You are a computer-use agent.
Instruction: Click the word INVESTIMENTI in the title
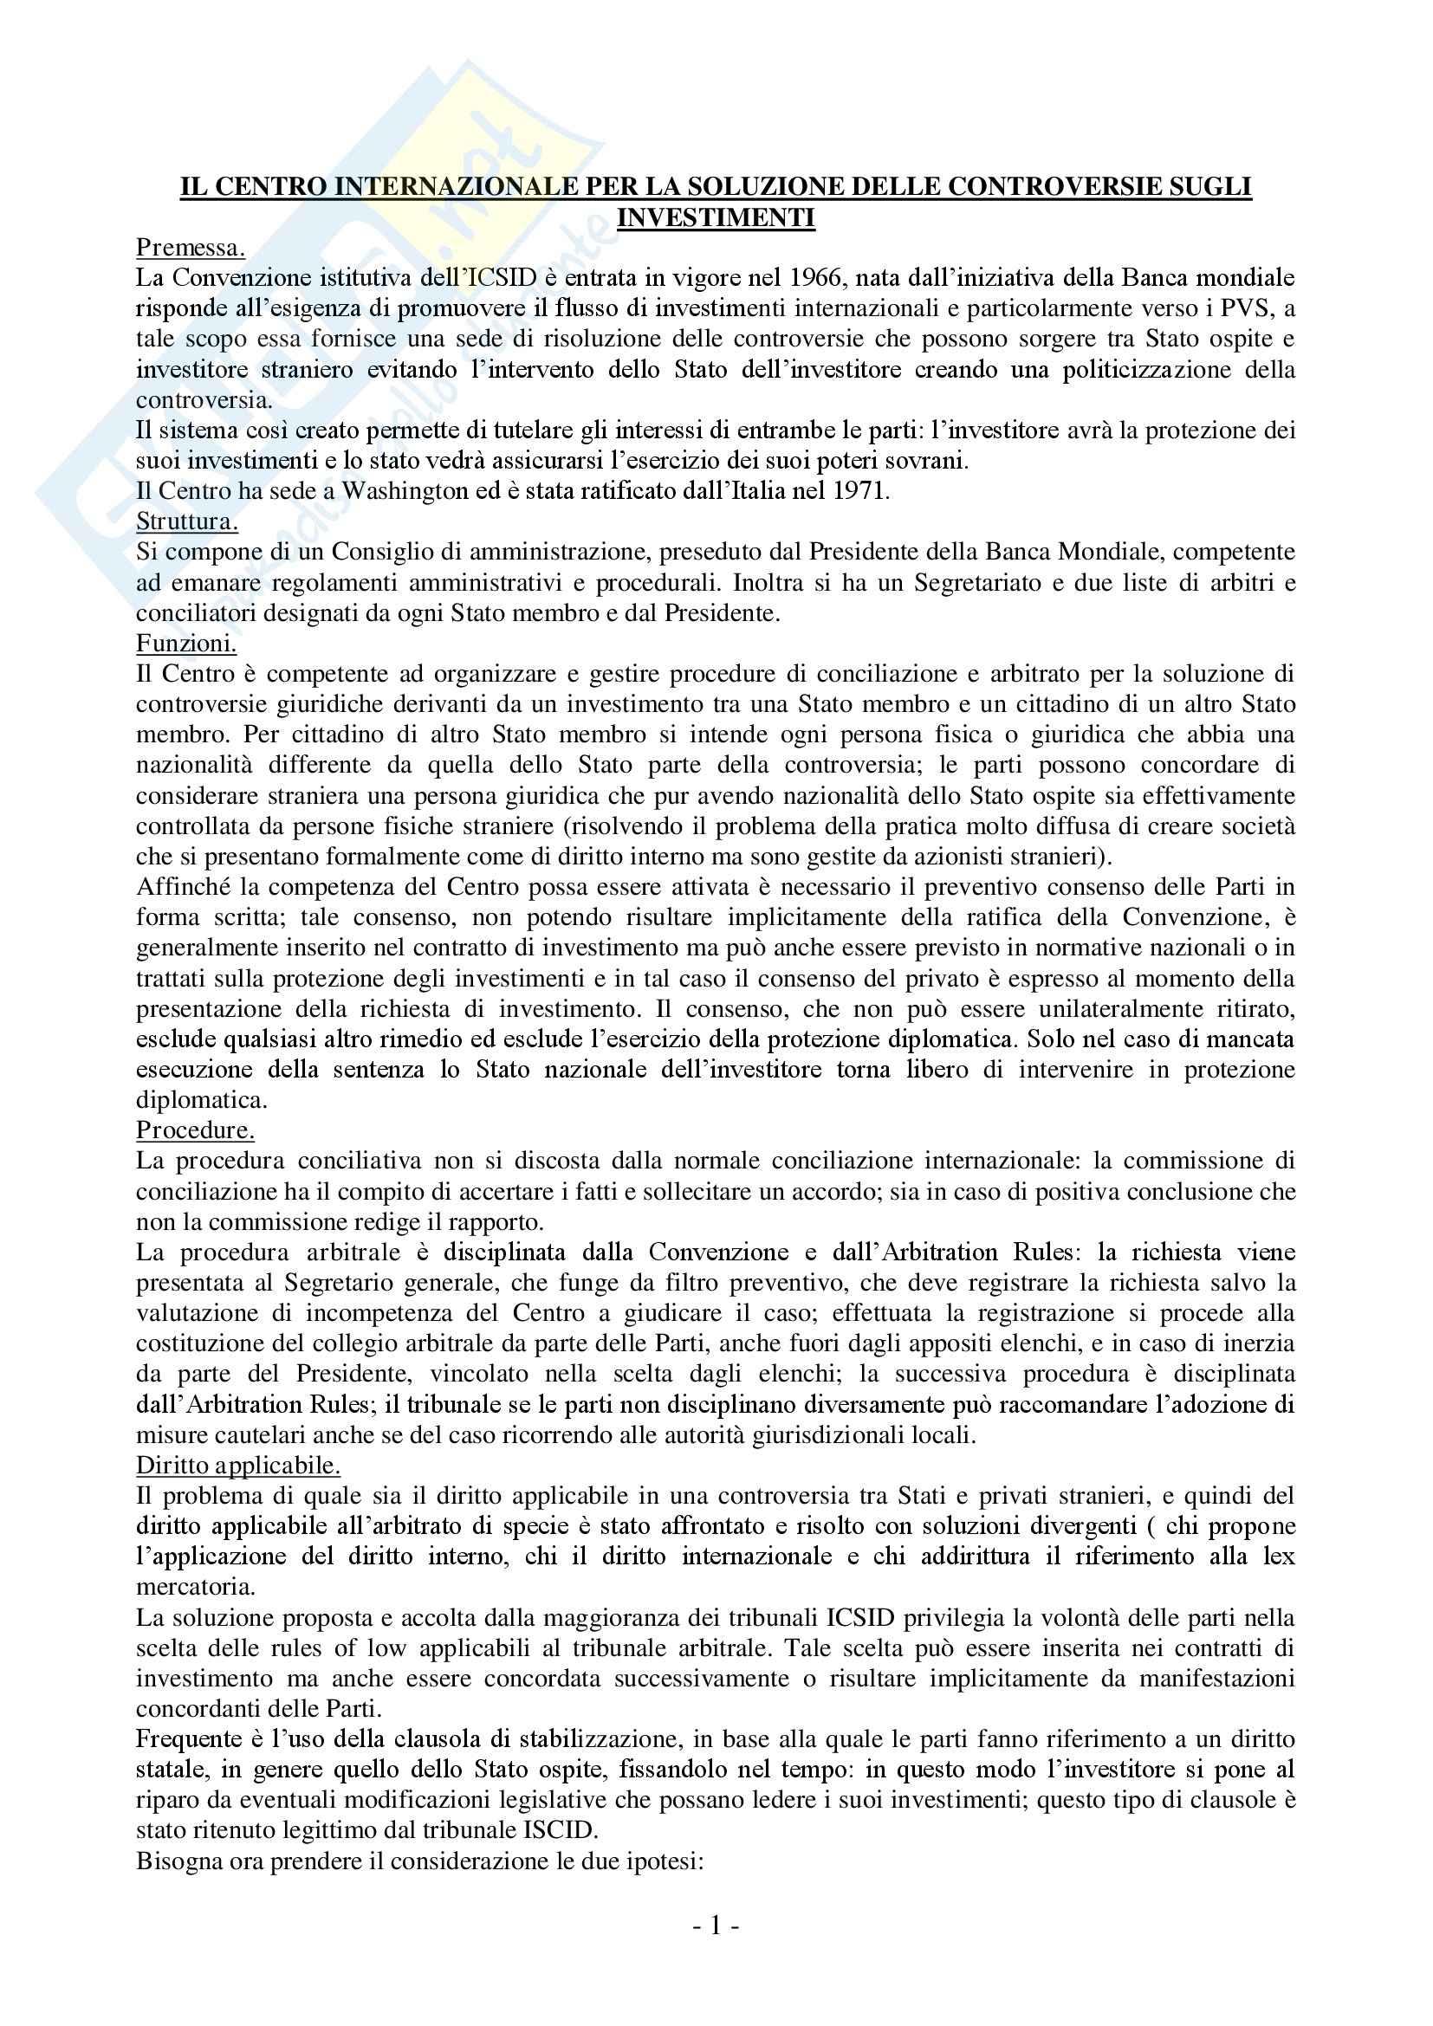[716, 217]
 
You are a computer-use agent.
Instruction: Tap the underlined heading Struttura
[187, 521]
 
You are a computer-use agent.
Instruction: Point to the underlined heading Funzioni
[186, 644]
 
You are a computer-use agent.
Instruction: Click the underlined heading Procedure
[195, 1130]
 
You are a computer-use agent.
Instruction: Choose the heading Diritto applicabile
[238, 1466]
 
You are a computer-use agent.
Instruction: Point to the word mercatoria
[195, 1588]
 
